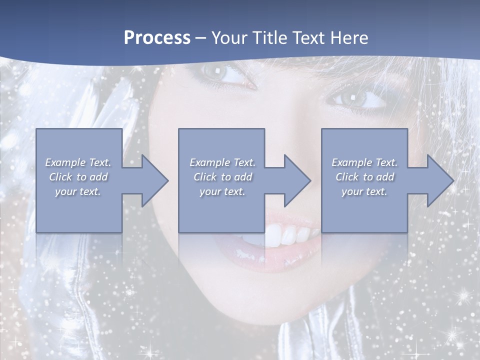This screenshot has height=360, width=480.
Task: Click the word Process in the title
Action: pyautogui.click(x=157, y=38)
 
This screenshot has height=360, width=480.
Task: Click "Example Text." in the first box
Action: pyautogui.click(x=78, y=162)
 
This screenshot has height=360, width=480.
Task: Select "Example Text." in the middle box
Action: pyautogui.click(x=222, y=162)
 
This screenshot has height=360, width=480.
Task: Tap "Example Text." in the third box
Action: pyautogui.click(x=364, y=162)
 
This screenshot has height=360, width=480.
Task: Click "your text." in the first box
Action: pyautogui.click(x=78, y=191)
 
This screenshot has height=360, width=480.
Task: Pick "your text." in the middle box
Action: pyautogui.click(x=222, y=191)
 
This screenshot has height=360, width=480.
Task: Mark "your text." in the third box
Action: pyautogui.click(x=364, y=191)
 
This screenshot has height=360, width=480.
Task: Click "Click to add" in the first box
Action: pyautogui.click(x=78, y=177)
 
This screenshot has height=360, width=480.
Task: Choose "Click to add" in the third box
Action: pyautogui.click(x=364, y=177)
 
